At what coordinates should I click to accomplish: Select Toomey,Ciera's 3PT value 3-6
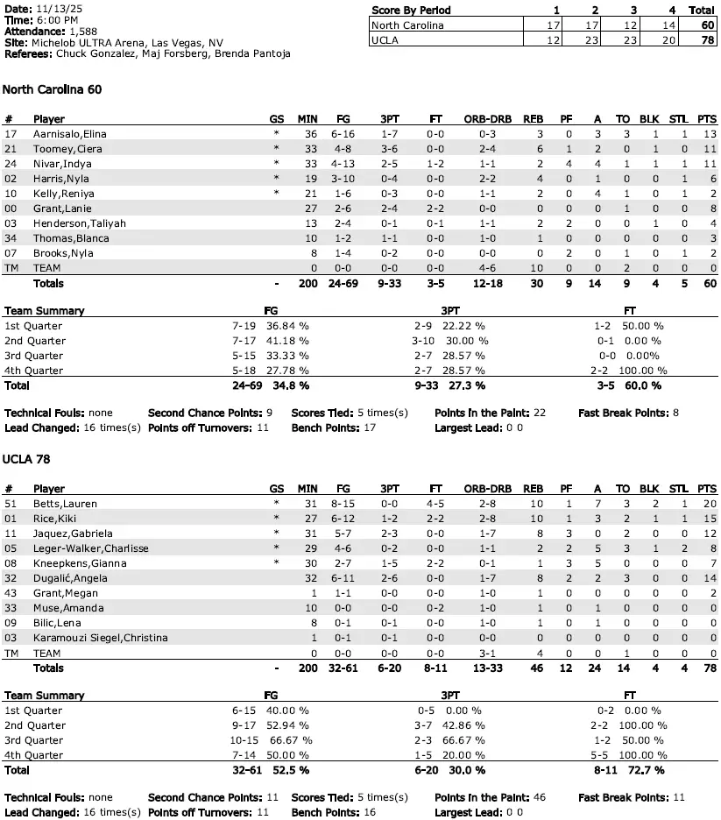[388, 148]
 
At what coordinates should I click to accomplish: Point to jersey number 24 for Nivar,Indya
[11, 163]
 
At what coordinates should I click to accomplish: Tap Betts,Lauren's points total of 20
[709, 504]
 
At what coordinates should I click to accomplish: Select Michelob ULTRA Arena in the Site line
[93, 42]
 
